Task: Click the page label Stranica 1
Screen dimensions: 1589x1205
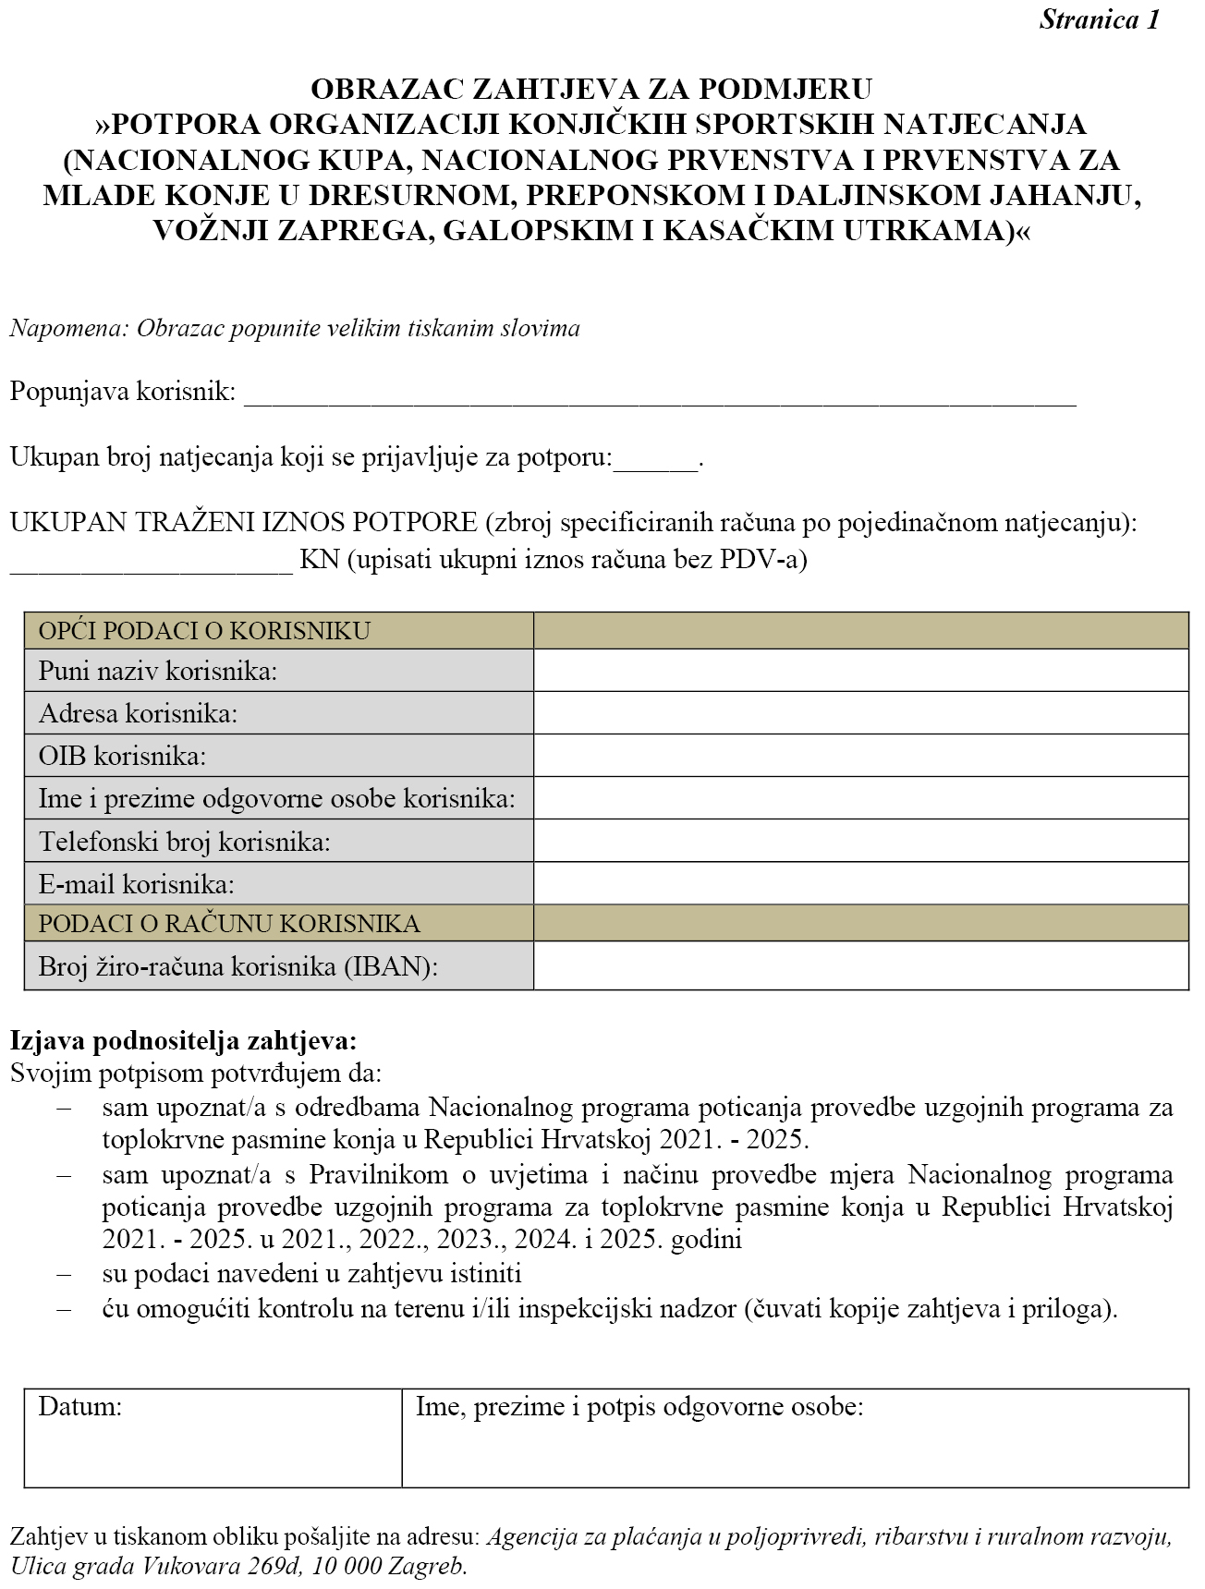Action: click(x=1099, y=20)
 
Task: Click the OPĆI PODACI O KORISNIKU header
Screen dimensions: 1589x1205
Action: click(x=204, y=631)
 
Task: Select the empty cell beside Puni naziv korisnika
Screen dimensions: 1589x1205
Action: click(x=860, y=671)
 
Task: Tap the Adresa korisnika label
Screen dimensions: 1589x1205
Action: click(x=138, y=713)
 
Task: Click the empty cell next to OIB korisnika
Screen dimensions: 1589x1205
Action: click(x=860, y=756)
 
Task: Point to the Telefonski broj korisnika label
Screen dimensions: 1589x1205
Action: click(x=184, y=842)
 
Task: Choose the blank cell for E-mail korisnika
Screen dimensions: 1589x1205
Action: click(x=860, y=884)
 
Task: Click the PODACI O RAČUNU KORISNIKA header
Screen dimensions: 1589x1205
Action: click(x=228, y=923)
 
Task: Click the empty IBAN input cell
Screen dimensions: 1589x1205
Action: click(x=860, y=966)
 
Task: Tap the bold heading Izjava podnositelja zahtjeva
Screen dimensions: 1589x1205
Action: click(x=183, y=1041)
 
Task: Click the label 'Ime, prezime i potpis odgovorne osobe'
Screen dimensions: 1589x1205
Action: click(x=639, y=1407)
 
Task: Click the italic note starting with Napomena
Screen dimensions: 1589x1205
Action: click(x=295, y=329)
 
